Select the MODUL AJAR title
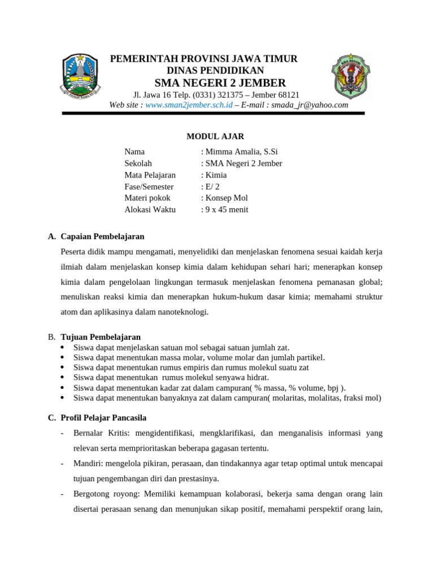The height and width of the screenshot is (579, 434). (x=215, y=136)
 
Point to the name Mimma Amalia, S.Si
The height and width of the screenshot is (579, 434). (x=241, y=152)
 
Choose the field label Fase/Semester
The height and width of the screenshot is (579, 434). (x=149, y=187)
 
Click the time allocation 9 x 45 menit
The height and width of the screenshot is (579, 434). (x=227, y=210)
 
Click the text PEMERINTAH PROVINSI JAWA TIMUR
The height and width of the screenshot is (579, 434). (x=203, y=59)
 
